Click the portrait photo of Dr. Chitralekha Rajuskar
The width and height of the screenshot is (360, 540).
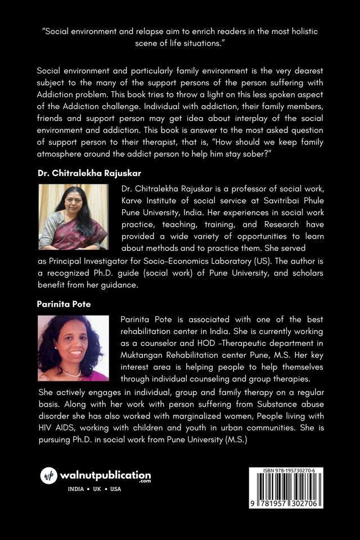point(73,217)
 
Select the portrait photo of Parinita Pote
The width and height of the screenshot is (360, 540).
point(73,348)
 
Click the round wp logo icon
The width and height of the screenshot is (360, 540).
point(49,475)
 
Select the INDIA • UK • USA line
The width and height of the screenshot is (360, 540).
point(94,489)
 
